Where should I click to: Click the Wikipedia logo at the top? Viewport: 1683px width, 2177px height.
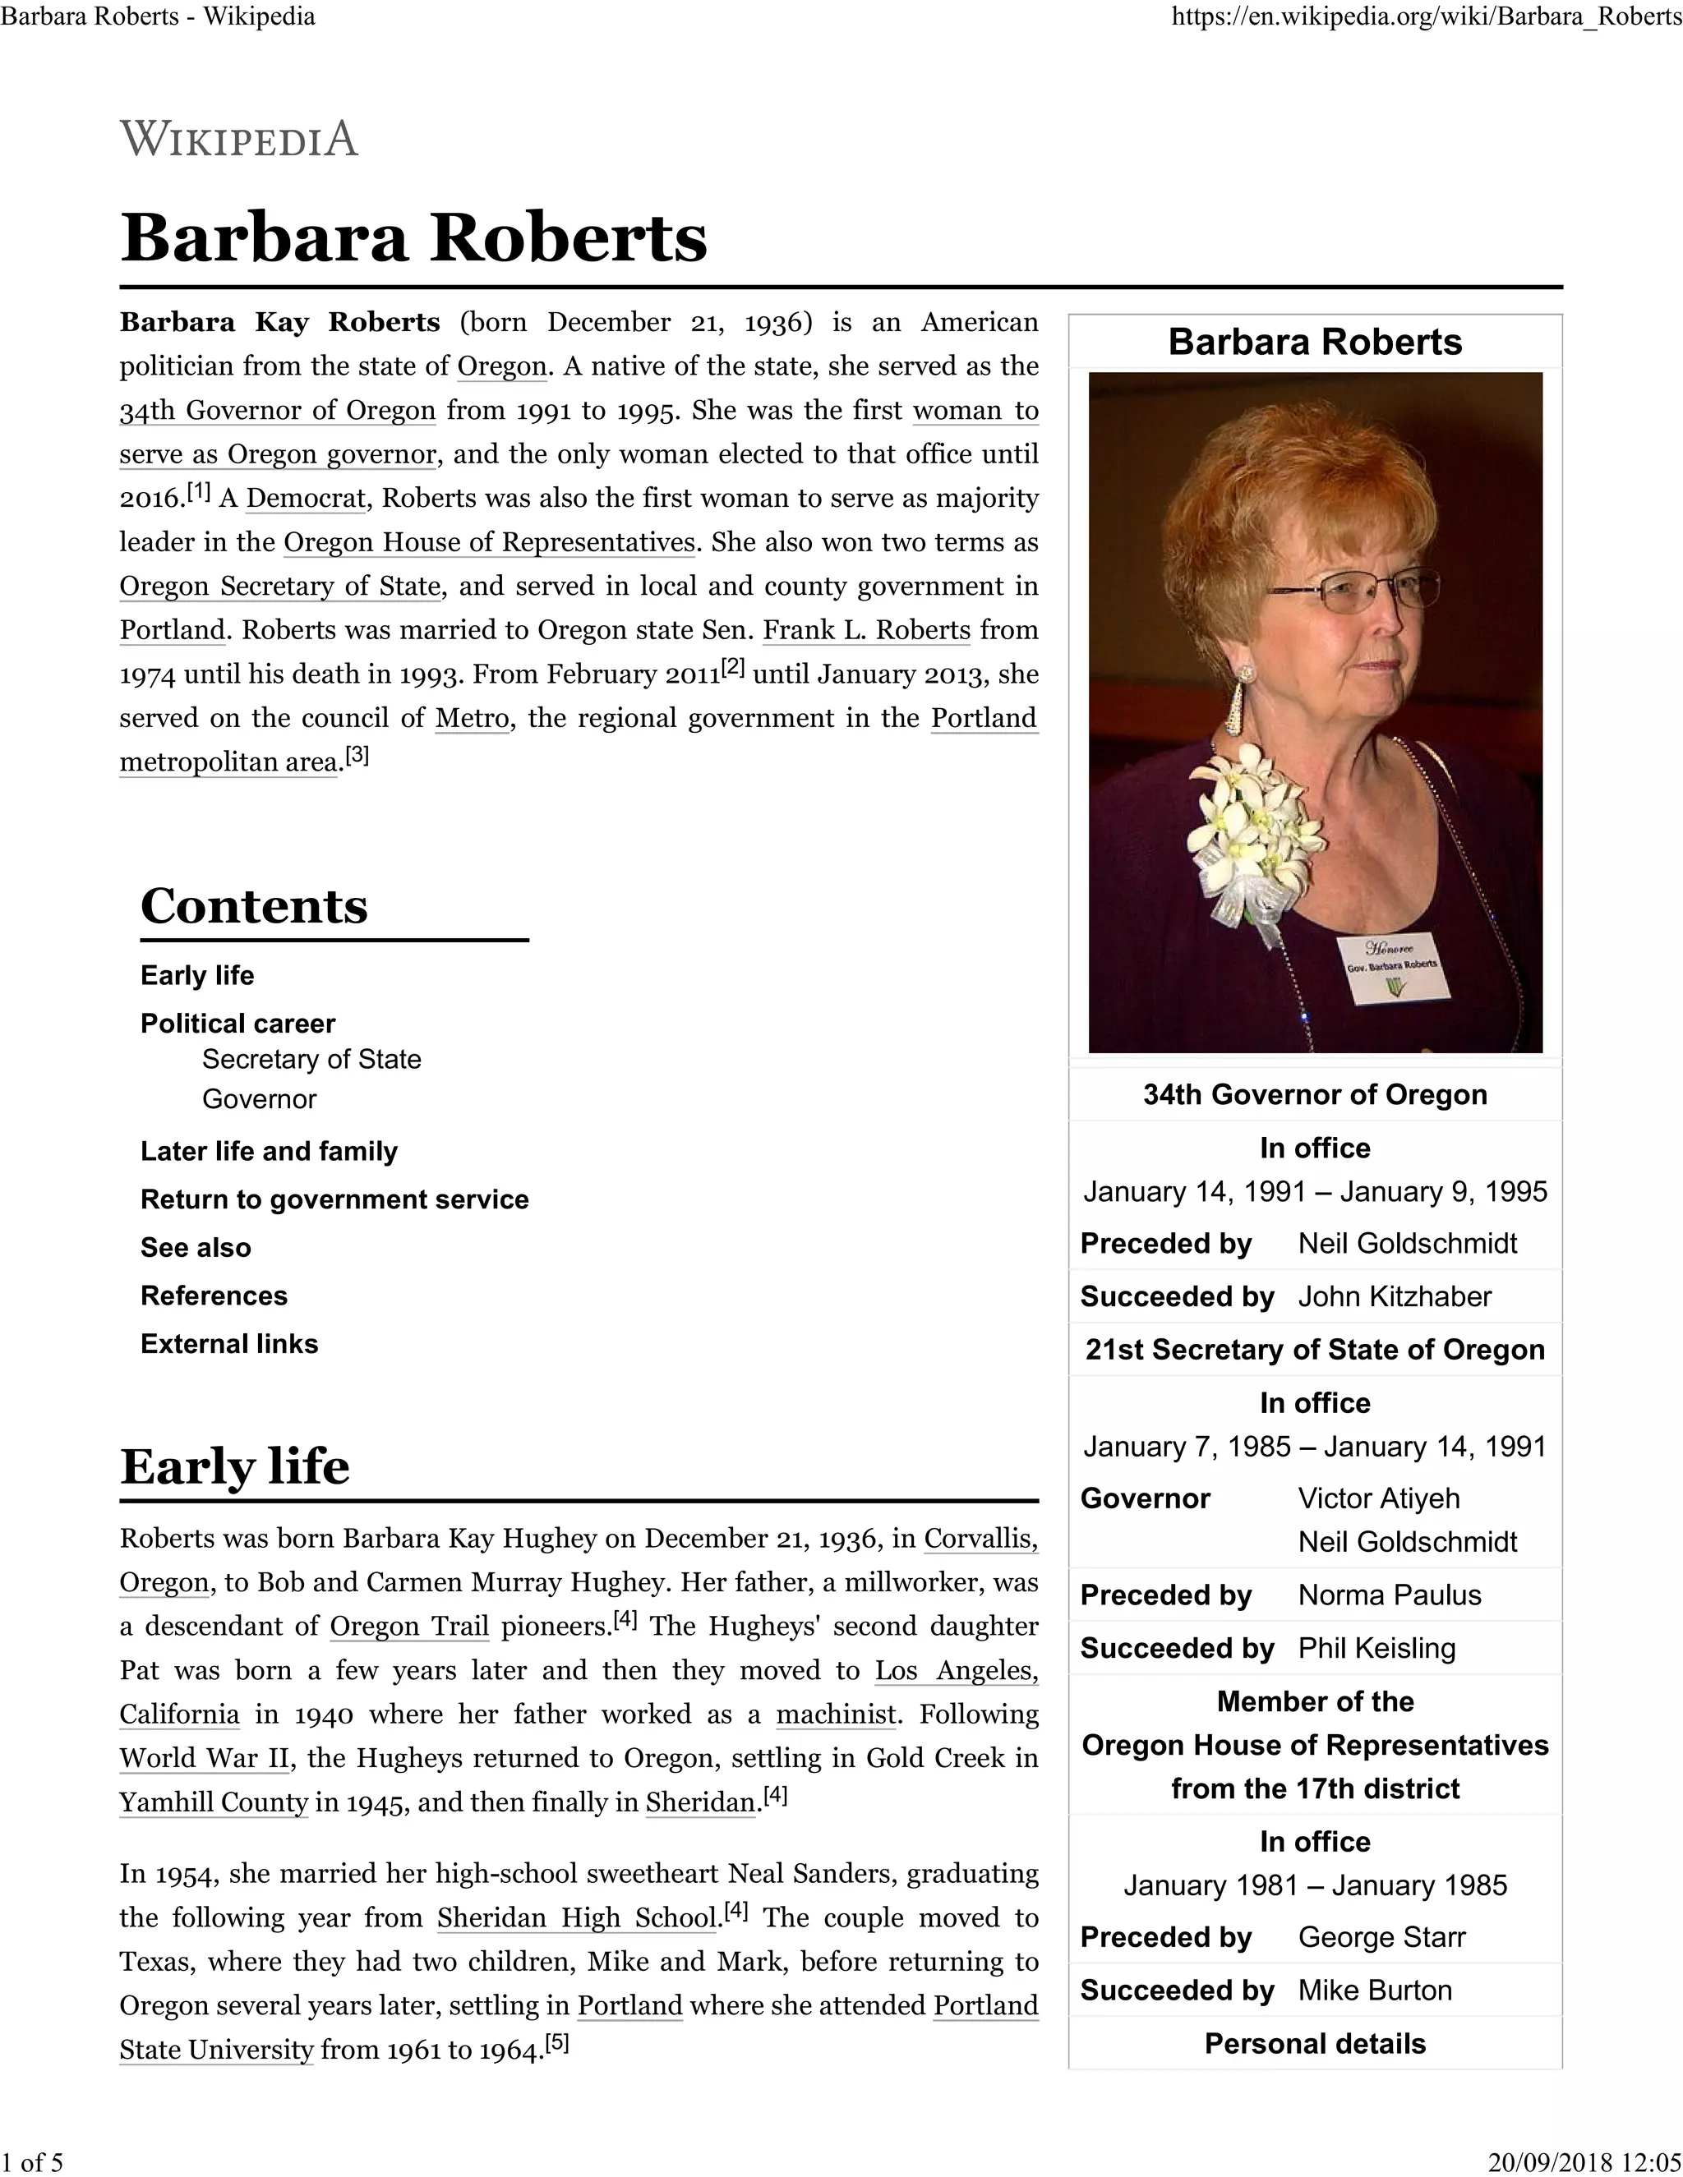pos(239,139)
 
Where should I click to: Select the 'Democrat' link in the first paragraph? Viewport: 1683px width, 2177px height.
pos(306,499)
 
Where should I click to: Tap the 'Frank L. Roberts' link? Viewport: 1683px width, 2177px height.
pos(866,630)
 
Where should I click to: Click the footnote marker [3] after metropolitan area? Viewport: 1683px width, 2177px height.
pos(357,757)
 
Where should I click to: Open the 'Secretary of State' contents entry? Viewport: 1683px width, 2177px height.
pos(311,1059)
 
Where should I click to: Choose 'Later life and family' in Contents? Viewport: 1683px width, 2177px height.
pos(268,1151)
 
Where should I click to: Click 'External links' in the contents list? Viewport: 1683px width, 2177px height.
pos(228,1344)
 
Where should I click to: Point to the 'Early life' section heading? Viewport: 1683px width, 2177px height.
pos(234,1466)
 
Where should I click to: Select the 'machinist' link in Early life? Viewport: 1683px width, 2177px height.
pos(837,1714)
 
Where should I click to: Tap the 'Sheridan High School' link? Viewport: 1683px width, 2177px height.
pos(577,1918)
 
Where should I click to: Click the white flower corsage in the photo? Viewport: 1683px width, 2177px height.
pos(1252,837)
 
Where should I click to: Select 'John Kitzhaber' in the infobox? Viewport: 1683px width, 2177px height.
pos(1394,1297)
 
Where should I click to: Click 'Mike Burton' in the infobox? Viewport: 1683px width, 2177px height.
pos(1374,1991)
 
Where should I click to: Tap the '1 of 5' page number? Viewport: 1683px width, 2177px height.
pos(32,2162)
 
